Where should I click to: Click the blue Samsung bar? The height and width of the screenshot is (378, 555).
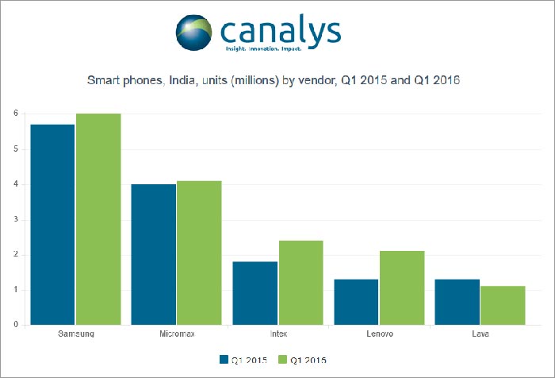tap(52, 225)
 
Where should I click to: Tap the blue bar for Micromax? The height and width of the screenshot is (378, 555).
tap(154, 254)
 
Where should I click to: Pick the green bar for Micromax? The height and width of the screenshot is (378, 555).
tap(199, 253)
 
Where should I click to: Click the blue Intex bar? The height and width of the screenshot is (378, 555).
tap(255, 293)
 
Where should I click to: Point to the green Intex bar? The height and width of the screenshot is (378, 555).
tap(300, 282)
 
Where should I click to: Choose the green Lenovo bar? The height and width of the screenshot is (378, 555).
tap(402, 287)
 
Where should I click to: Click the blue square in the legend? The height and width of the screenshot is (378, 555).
tap(224, 359)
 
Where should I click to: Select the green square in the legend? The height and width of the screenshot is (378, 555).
tap(281, 359)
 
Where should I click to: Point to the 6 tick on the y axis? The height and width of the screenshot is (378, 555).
tap(15, 114)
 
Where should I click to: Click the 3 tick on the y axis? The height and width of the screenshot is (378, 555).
tap(15, 219)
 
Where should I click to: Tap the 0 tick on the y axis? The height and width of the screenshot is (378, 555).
tap(15, 325)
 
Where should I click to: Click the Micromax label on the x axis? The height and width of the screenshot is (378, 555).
tap(176, 334)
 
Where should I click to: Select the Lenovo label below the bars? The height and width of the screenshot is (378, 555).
tap(379, 334)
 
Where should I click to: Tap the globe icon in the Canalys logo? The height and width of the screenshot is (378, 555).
tap(196, 31)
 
